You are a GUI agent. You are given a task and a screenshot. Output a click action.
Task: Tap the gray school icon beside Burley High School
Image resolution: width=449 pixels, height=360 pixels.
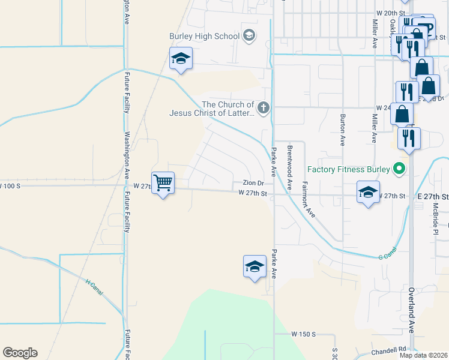coord(249,36)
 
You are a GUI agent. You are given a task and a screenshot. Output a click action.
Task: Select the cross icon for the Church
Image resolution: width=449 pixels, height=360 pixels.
coord(263,108)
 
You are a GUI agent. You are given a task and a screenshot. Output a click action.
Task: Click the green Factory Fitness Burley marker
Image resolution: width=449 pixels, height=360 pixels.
coord(398,169)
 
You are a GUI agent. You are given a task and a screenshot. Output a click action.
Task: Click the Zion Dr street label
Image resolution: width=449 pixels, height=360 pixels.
coord(253,183)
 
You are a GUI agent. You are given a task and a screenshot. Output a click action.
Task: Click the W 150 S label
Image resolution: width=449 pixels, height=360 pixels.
coord(303,334)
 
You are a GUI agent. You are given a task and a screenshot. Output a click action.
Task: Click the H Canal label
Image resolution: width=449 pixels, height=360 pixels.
coord(95,288)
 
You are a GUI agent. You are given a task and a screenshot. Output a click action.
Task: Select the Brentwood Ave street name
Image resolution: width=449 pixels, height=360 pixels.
coord(289,167)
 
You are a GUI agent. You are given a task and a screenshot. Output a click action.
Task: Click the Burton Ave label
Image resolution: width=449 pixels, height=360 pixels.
coord(343,130)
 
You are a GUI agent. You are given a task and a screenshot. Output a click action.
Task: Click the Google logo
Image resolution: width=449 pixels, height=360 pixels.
coord(20,353)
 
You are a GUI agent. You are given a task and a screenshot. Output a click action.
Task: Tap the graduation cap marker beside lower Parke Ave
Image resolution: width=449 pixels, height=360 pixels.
coord(255,266)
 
